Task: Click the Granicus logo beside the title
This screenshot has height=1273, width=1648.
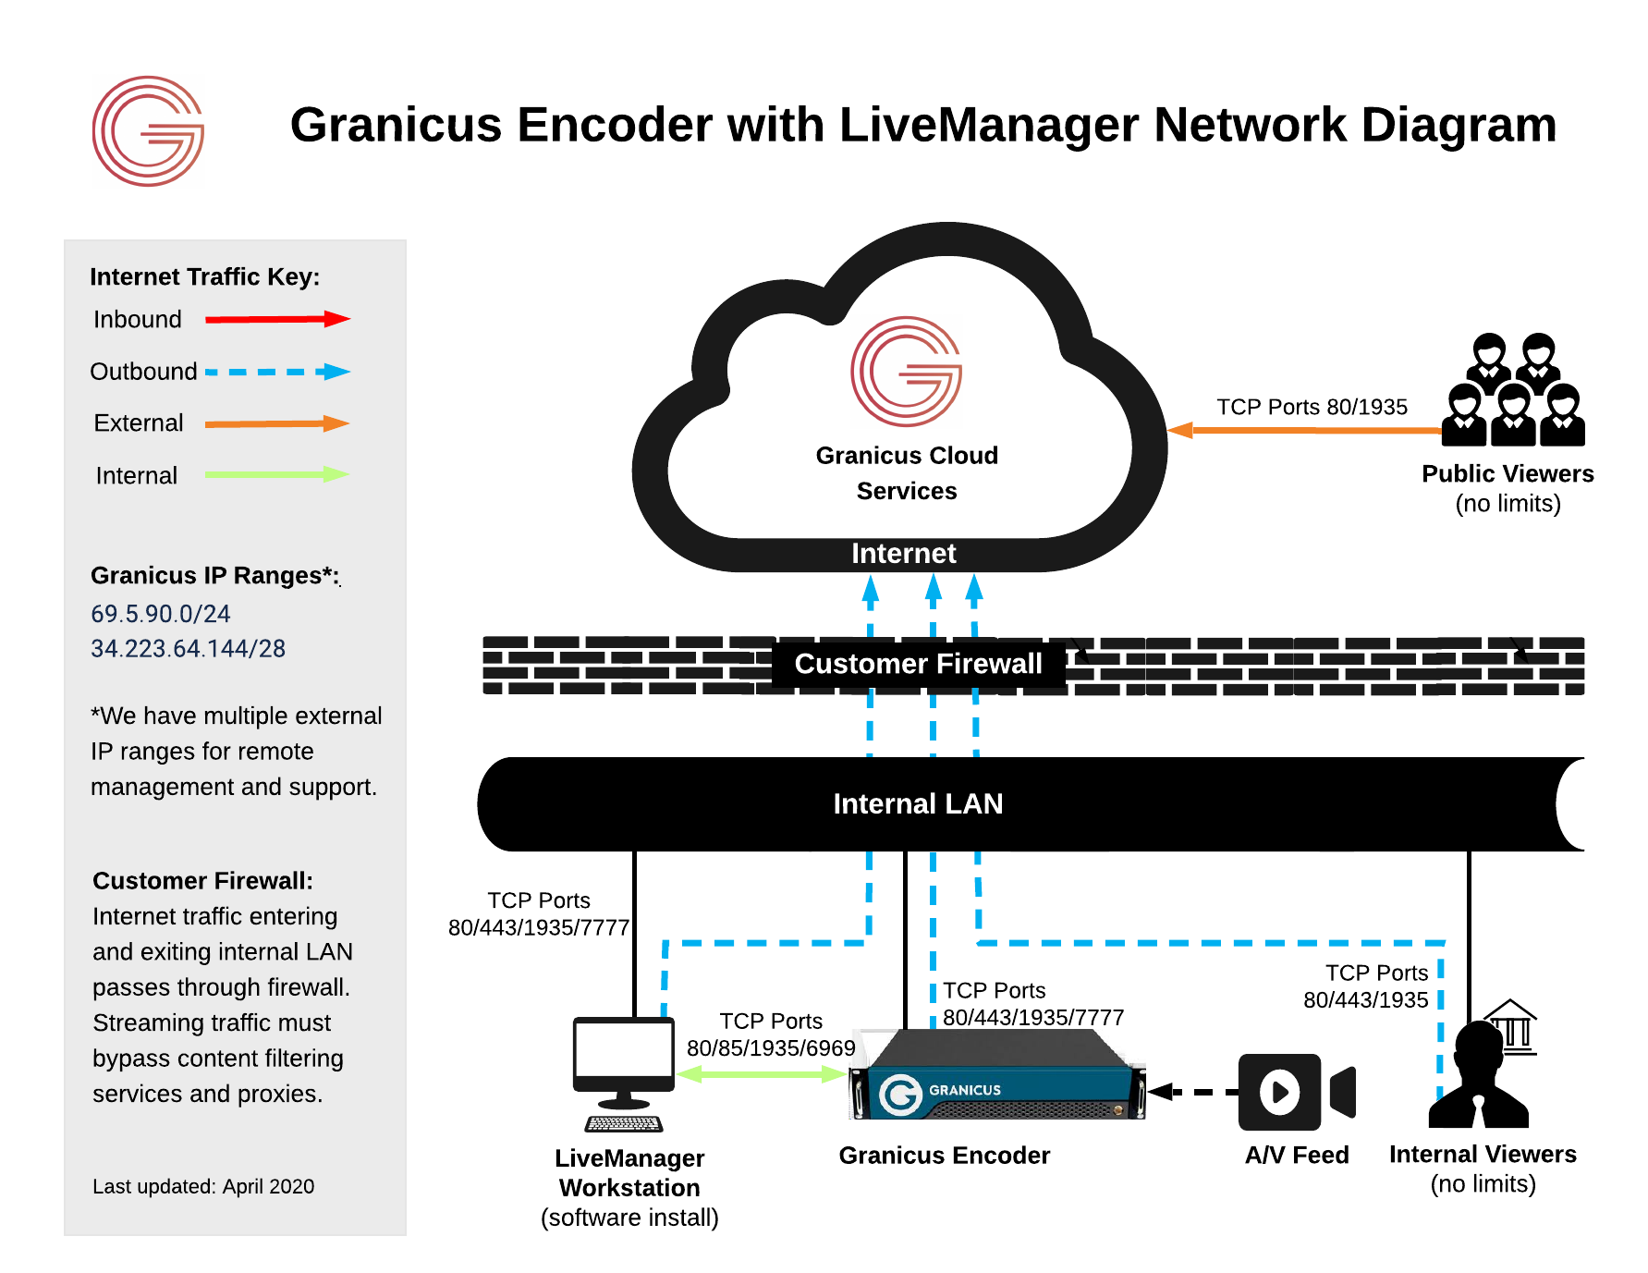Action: tap(148, 131)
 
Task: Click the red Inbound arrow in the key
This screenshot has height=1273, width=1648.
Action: tap(276, 320)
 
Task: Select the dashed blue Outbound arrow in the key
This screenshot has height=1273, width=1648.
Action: tap(276, 372)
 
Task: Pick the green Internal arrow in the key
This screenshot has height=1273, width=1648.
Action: tap(276, 474)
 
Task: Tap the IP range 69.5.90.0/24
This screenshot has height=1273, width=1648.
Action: tap(161, 614)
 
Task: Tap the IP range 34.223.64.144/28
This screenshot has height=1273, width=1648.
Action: tap(188, 649)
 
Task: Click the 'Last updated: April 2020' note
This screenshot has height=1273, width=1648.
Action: tap(203, 1186)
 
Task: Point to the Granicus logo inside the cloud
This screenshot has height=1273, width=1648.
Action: tap(906, 372)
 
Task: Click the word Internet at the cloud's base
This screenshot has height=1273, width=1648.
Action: tap(903, 553)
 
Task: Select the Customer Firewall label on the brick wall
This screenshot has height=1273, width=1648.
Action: tap(918, 664)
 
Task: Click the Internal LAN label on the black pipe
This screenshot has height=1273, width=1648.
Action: tap(918, 803)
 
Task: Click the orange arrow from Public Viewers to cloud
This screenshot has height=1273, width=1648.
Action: tap(1303, 430)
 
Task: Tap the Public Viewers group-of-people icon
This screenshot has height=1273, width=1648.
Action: tap(1513, 390)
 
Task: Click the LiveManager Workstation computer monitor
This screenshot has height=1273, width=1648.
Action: tap(624, 1059)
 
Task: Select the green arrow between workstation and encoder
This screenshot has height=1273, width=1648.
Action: tap(762, 1074)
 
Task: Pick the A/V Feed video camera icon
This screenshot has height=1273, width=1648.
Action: tap(1296, 1092)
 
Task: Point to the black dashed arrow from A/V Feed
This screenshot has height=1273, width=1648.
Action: tap(1192, 1092)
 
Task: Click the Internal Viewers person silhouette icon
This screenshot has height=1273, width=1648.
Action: tap(1479, 1077)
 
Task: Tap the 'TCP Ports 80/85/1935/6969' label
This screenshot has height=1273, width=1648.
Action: tap(771, 1034)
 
